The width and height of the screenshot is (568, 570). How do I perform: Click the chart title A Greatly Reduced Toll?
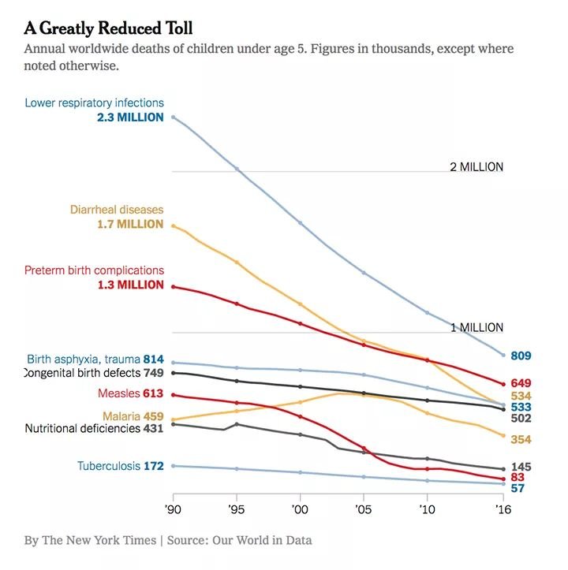[x=119, y=28]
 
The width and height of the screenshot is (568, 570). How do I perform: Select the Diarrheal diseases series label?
[x=117, y=210]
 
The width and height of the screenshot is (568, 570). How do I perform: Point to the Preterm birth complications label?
[x=94, y=270]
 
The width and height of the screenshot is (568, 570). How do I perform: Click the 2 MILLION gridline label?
[x=476, y=167]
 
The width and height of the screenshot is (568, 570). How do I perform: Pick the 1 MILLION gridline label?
[x=476, y=327]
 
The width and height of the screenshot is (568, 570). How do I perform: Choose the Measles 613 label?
[x=130, y=393]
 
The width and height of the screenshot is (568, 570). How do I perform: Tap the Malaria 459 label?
[x=133, y=415]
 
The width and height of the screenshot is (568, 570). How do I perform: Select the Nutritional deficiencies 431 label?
[x=94, y=429]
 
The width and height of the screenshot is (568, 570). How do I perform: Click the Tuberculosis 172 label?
[x=120, y=466]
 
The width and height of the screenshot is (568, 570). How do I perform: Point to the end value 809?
[x=521, y=356]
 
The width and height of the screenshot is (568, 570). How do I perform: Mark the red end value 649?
[x=521, y=383]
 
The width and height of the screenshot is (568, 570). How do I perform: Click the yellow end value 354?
[x=521, y=438]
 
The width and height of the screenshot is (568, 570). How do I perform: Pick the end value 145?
[x=521, y=467]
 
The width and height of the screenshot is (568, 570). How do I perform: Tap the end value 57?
[x=518, y=488]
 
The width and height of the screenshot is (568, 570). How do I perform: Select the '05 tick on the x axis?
[x=363, y=510]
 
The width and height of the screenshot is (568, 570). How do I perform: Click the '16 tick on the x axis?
[x=503, y=510]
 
